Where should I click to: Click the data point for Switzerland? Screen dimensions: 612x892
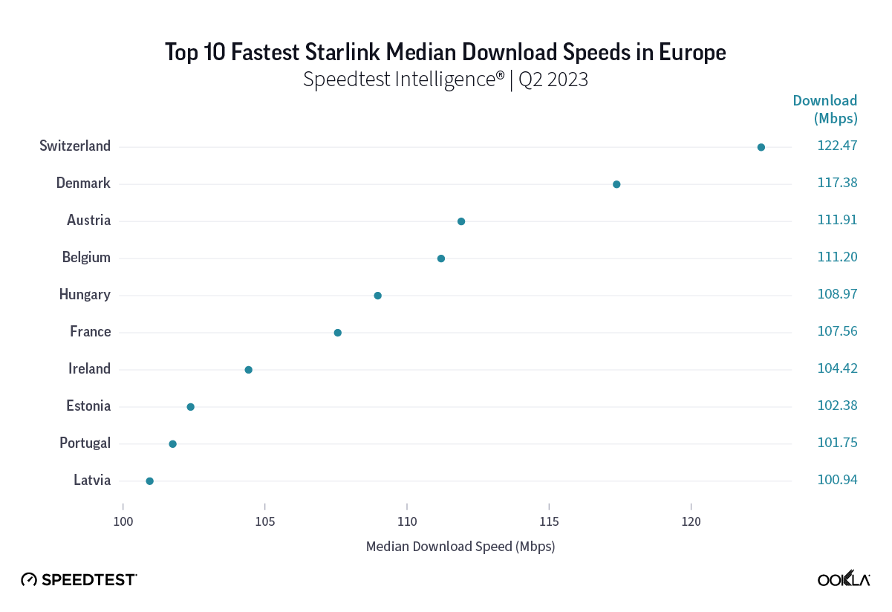tap(761, 147)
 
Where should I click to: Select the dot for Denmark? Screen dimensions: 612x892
tap(616, 184)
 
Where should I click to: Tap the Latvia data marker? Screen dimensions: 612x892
tap(149, 481)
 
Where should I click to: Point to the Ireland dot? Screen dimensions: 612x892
tap(248, 370)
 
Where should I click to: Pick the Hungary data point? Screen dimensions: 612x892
tap(377, 296)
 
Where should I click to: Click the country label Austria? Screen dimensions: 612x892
tap(88, 221)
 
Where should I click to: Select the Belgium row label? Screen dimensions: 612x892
tap(86, 258)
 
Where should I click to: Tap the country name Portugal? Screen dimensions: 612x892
tap(85, 443)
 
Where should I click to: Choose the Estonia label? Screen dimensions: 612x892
tap(88, 406)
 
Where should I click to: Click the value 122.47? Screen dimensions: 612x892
tap(837, 146)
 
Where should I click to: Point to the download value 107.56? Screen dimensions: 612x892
tap(837, 332)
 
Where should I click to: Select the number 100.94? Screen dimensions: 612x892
tap(837, 481)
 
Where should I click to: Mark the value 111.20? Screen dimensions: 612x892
tap(837, 258)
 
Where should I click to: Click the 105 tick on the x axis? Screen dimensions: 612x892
tap(265, 523)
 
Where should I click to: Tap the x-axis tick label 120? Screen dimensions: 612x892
tap(691, 523)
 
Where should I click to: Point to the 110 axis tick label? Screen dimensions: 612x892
tap(407, 523)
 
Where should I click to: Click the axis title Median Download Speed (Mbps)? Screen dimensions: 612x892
tap(460, 547)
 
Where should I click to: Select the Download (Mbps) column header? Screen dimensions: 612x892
tap(825, 109)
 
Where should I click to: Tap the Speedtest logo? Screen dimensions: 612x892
tap(79, 579)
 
